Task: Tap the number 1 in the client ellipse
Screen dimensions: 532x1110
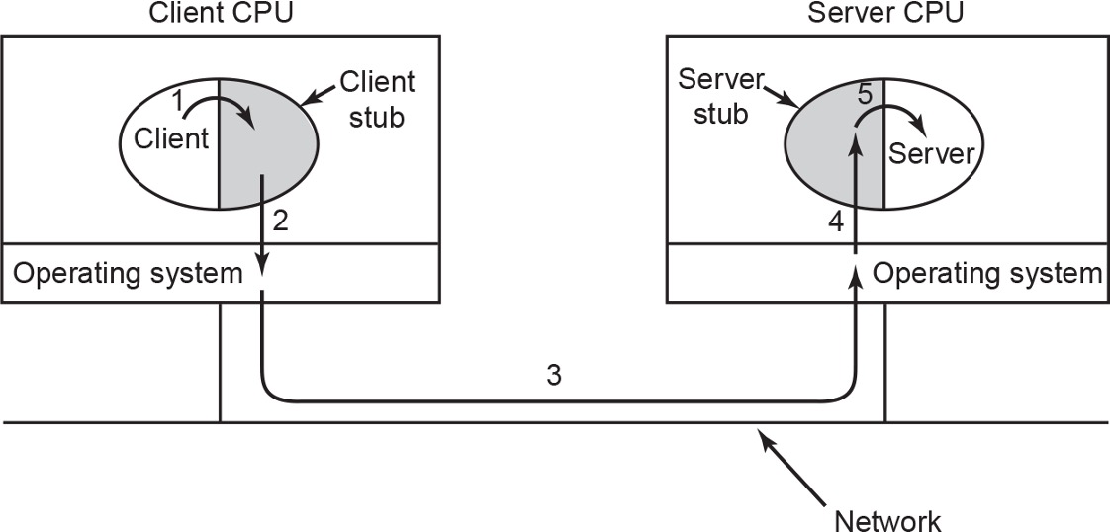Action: point(177,100)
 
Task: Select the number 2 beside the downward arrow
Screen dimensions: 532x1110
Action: point(280,222)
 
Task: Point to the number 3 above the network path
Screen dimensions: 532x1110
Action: point(555,377)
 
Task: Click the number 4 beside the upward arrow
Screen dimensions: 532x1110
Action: point(835,223)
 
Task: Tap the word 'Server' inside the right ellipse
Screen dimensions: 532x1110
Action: point(932,153)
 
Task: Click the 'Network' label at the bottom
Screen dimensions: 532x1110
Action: point(888,519)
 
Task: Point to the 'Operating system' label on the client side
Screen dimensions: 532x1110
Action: point(125,274)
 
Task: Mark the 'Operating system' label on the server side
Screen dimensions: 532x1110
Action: point(985,274)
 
